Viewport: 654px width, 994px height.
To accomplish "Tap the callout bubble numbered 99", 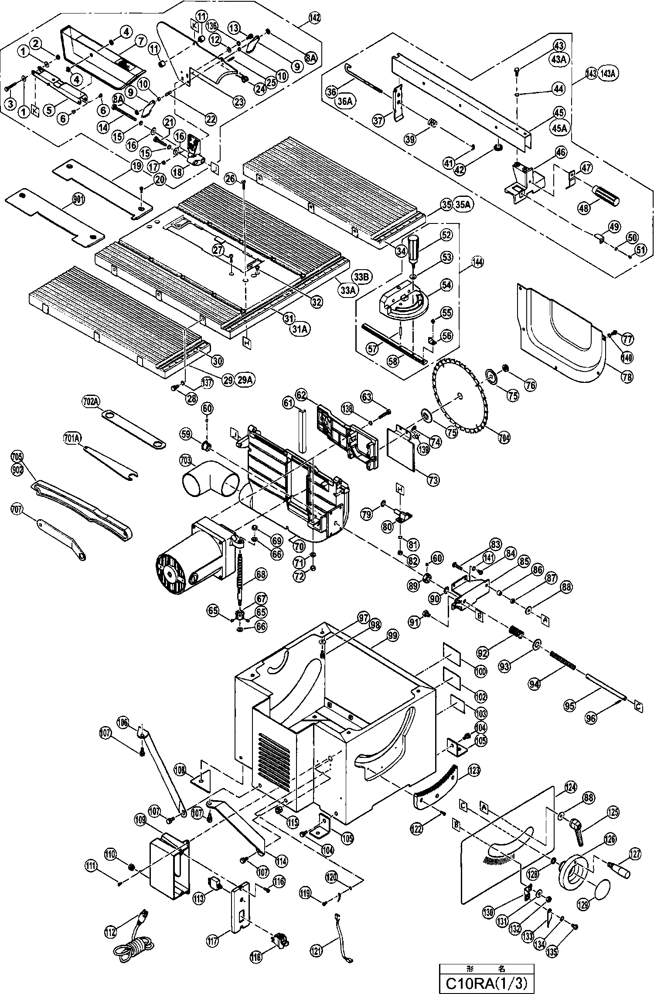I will (392, 636).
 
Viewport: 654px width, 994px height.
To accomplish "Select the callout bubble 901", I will (79, 200).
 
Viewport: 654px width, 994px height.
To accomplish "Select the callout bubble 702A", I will (91, 402).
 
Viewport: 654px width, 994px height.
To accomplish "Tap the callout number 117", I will (213, 938).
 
